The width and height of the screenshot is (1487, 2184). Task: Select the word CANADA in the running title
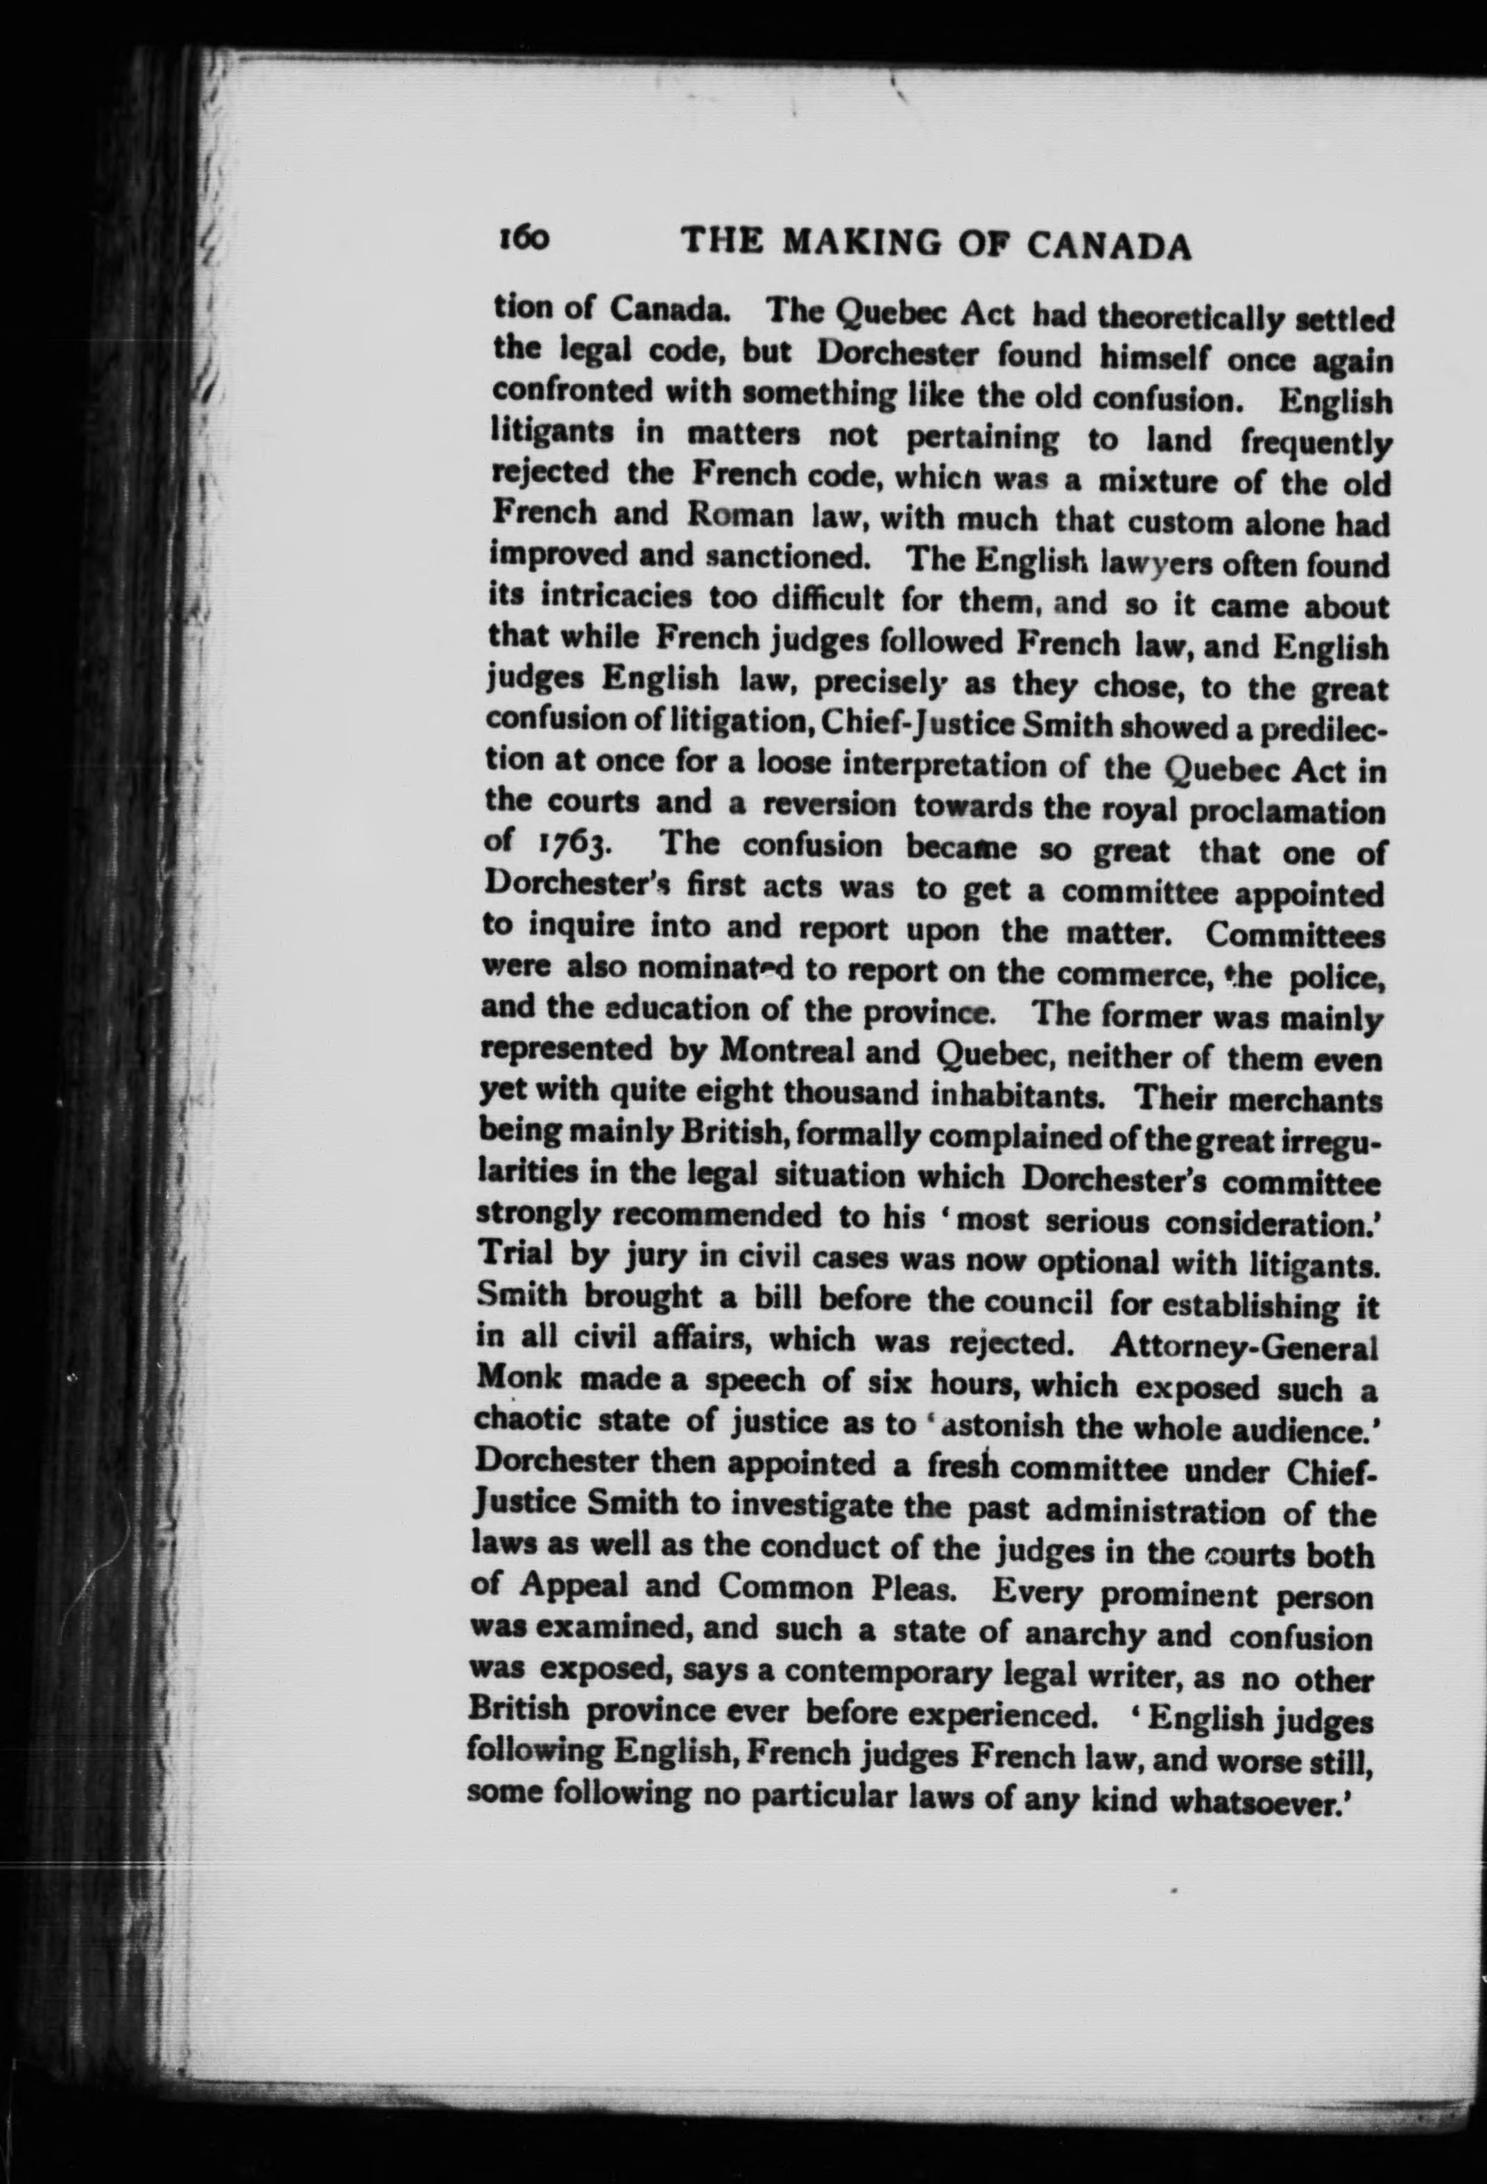click(1109, 246)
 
